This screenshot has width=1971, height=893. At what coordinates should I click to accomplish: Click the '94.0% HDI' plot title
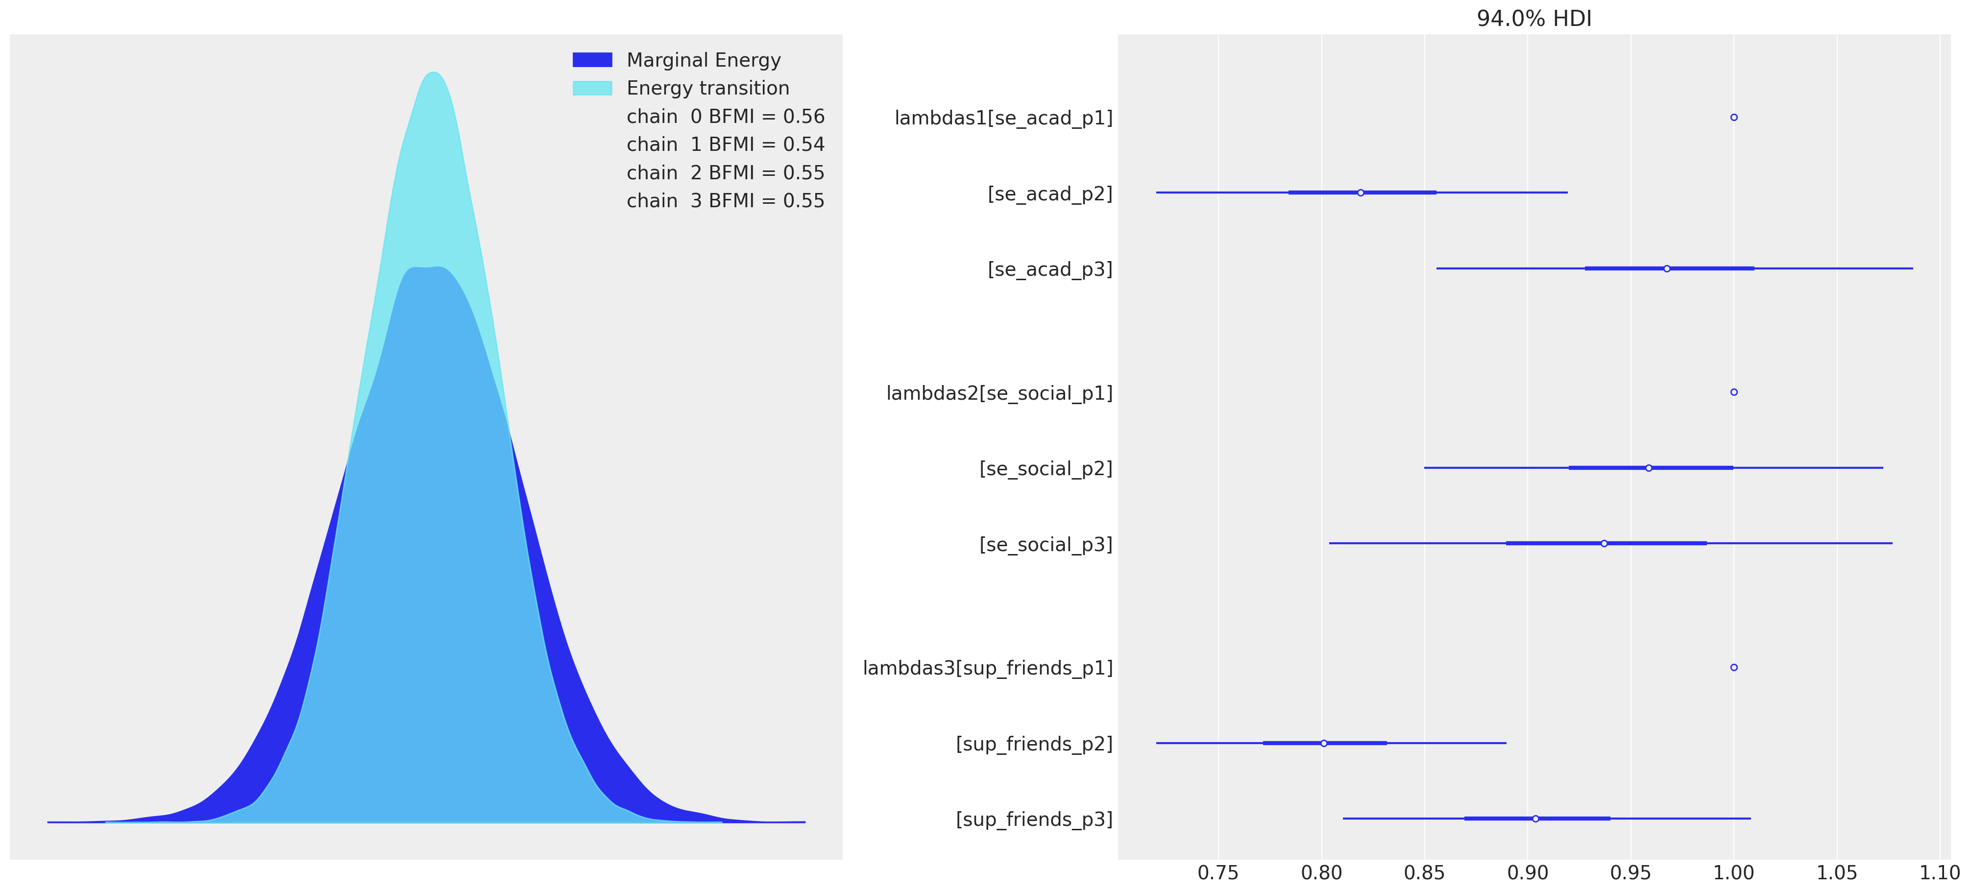pyautogui.click(x=1533, y=18)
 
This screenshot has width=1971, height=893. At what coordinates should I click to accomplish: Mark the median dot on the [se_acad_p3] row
pyautogui.click(x=1666, y=268)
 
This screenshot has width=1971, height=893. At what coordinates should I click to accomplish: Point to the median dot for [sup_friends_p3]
pyautogui.click(x=1535, y=819)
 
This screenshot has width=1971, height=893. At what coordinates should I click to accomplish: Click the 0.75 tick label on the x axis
pyautogui.click(x=1218, y=873)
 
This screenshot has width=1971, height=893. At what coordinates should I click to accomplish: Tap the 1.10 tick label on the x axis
pyautogui.click(x=1939, y=873)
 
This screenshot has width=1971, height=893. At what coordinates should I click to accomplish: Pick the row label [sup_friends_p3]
pyautogui.click(x=1034, y=820)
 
